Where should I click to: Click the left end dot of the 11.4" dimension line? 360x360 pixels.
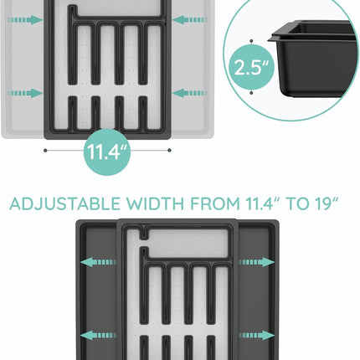[x=44, y=151]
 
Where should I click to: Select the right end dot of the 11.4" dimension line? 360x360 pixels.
[x=169, y=151]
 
